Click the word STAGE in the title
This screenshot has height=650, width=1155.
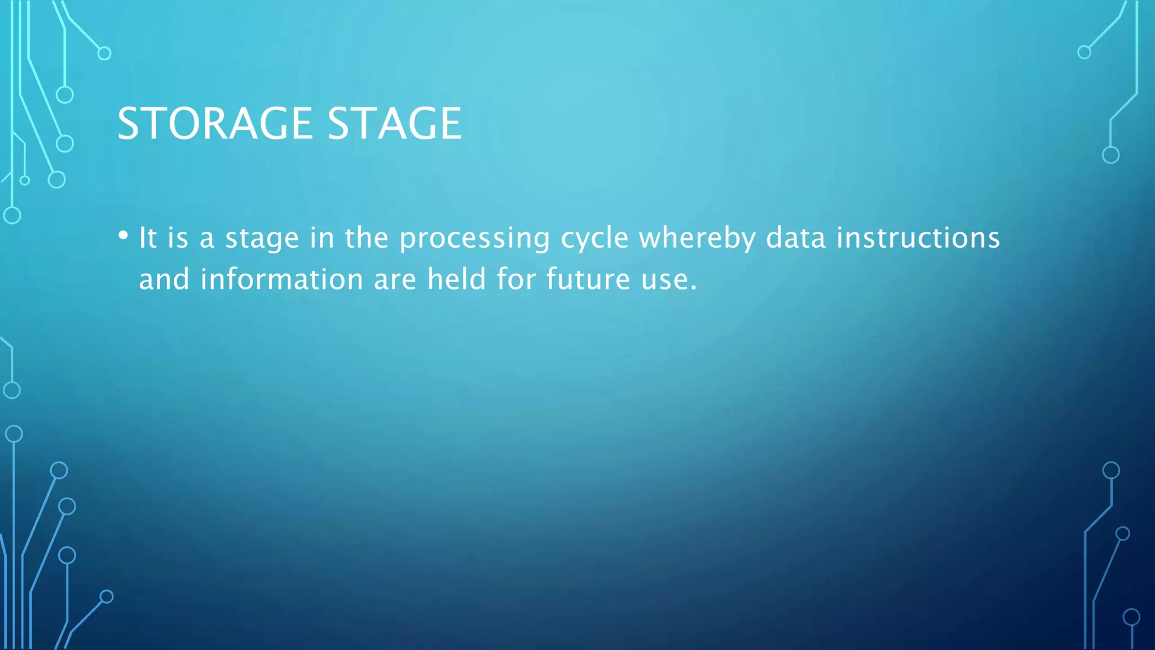click(394, 124)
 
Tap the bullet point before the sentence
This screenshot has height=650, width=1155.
click(124, 236)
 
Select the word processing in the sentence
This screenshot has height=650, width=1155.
click(474, 238)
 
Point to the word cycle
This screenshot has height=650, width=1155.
click(594, 238)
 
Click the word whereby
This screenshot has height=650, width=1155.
click(696, 238)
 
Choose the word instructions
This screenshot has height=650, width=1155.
click(918, 238)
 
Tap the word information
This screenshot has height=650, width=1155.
click(282, 279)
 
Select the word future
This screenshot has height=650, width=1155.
click(588, 279)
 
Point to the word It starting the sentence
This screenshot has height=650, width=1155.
click(148, 238)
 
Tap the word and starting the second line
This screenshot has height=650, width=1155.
click(164, 279)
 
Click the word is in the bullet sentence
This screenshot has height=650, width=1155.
click(178, 238)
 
